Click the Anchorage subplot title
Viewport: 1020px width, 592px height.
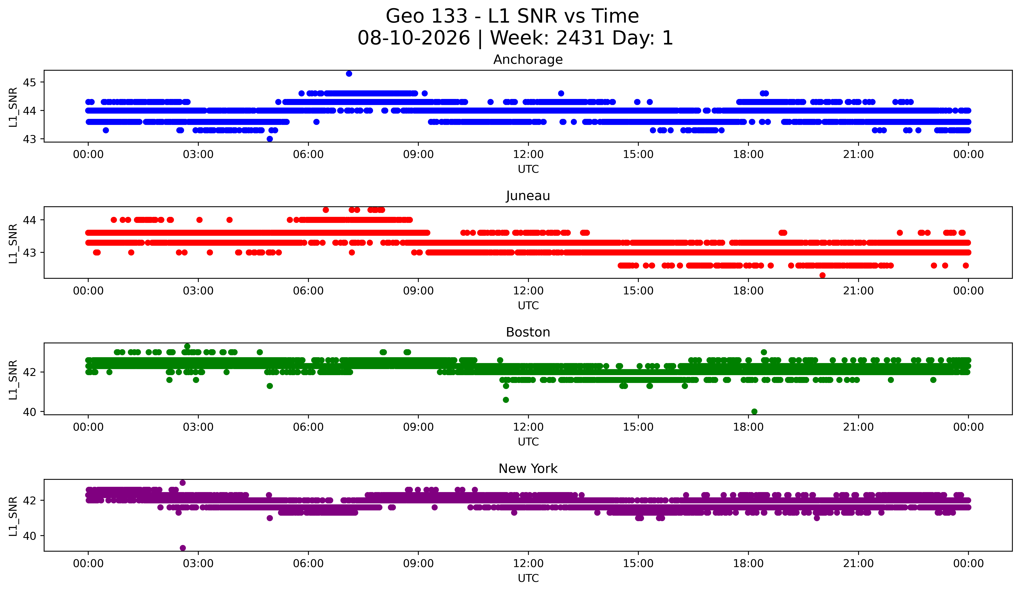pos(528,60)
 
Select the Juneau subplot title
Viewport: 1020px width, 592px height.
pos(528,196)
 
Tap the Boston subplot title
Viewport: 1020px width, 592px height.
pos(528,332)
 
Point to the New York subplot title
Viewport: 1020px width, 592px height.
pos(528,469)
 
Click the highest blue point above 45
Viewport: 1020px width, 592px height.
pos(349,74)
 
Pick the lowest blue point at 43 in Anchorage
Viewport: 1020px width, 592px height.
pos(270,139)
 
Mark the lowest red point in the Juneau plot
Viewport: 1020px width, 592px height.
pos(822,275)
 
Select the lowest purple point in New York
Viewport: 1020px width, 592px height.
pos(183,548)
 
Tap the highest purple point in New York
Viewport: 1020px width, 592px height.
pos(183,483)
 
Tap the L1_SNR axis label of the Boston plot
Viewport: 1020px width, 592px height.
pos(13,380)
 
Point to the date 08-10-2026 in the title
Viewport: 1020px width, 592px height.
pos(414,38)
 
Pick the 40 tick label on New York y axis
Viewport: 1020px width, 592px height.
pos(29,536)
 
